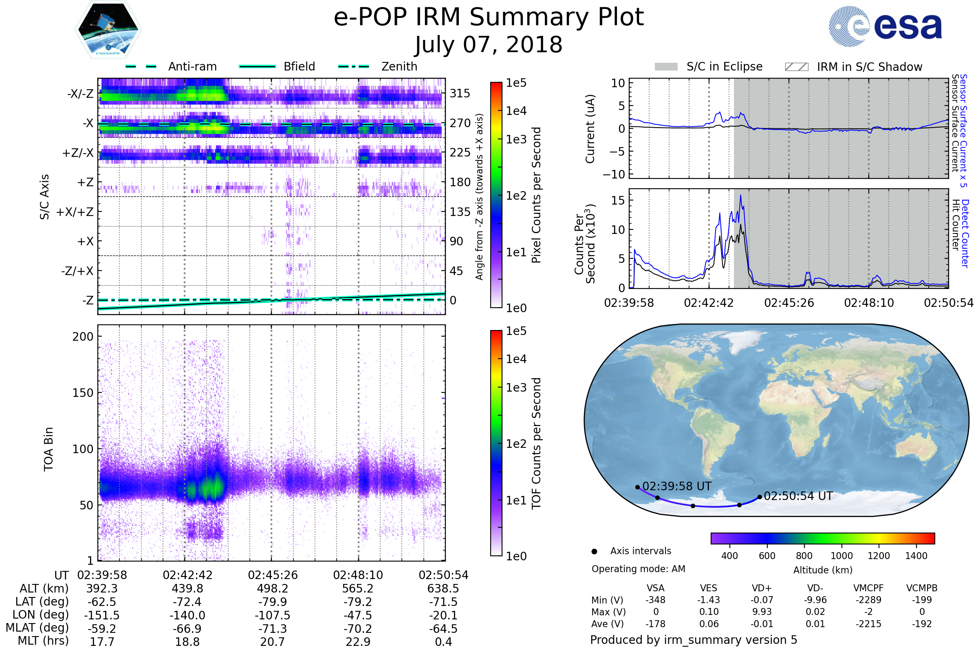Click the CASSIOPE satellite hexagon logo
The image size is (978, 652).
pos(108,29)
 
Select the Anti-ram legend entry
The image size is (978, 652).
pos(171,66)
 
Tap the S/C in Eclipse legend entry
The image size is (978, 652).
pos(709,66)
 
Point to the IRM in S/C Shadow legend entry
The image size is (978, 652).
pos(854,66)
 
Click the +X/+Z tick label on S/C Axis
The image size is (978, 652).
pos(75,212)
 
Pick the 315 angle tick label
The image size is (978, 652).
pos(460,93)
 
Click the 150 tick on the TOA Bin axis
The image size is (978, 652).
pos(83,393)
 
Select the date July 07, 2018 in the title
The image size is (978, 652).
pos(489,44)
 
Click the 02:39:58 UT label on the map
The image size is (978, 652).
pos(677,486)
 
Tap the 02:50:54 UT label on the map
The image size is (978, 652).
pos(798,496)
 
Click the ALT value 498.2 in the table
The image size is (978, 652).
pos(273,589)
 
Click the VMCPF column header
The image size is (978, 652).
pos(868,588)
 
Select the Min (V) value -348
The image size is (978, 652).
pos(655,600)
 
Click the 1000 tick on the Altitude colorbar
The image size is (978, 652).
pos(841,556)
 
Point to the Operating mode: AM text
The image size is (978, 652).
pos(638,569)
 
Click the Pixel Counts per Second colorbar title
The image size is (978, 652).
pos(536,195)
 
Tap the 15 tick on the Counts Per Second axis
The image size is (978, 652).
pos(618,200)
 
